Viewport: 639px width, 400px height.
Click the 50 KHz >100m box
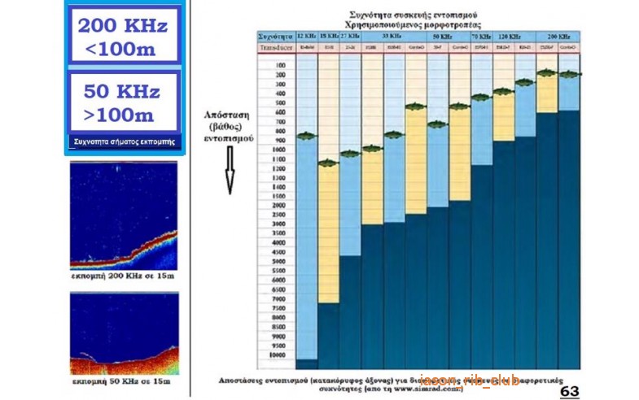click(123, 102)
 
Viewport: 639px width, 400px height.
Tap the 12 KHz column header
click(307, 37)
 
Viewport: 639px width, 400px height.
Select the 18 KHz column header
click(328, 37)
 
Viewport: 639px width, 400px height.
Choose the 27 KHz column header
click(350, 37)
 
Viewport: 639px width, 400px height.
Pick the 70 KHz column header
click(481, 37)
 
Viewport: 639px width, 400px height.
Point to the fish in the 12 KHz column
click(306, 135)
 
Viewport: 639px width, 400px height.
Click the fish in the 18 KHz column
click(328, 163)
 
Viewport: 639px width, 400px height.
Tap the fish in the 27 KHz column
click(350, 153)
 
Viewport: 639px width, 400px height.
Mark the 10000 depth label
click(279, 354)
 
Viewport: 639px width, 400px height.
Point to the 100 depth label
click(279, 65)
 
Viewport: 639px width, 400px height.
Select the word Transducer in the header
click(275, 49)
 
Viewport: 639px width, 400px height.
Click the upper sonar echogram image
click(123, 215)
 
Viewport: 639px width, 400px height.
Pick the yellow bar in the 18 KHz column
click(328, 236)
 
